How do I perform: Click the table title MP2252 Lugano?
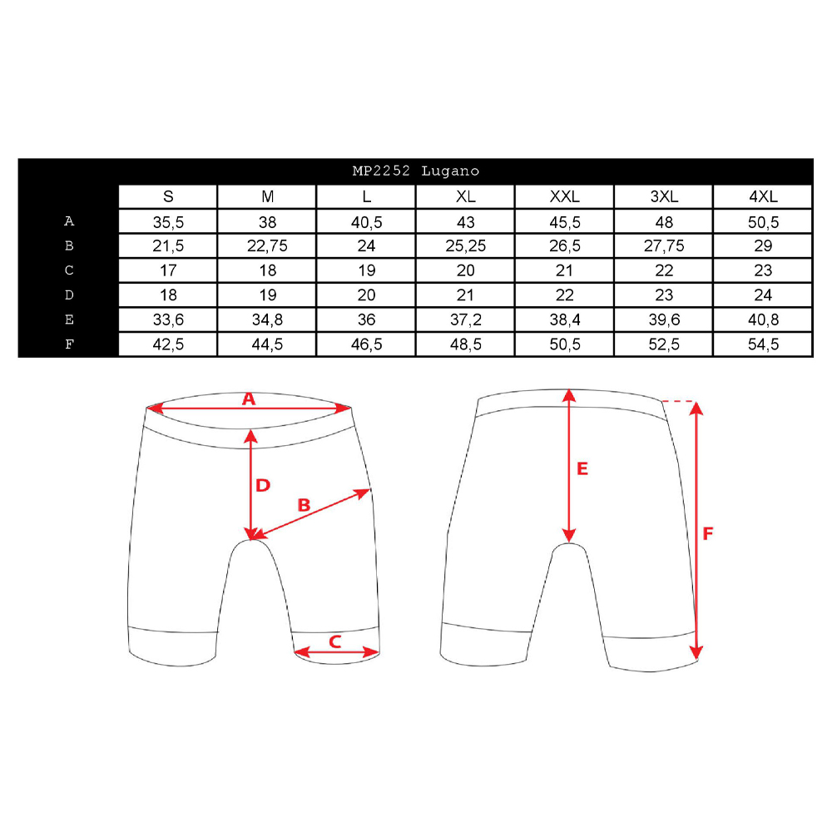pos(416,171)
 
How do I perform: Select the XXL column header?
pos(565,197)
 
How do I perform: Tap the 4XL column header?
pos(763,197)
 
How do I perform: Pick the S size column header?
pos(168,197)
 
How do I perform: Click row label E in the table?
pos(69,319)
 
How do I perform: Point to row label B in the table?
pos(69,245)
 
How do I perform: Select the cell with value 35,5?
pos(168,222)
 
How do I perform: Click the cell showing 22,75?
pos(267,246)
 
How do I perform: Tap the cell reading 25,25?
pos(466,246)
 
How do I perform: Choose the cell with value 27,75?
pos(664,246)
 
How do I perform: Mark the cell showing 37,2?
pos(466,320)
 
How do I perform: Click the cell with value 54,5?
pos(763,344)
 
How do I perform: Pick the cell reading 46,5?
pos(367,344)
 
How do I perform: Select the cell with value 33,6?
pos(168,320)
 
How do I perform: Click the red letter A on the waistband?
pos(249,399)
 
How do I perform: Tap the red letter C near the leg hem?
pos(334,642)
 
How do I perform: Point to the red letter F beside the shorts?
pos(708,533)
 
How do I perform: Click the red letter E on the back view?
pos(582,468)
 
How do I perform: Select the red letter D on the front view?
pos(263,485)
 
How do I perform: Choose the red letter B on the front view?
pos(304,505)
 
